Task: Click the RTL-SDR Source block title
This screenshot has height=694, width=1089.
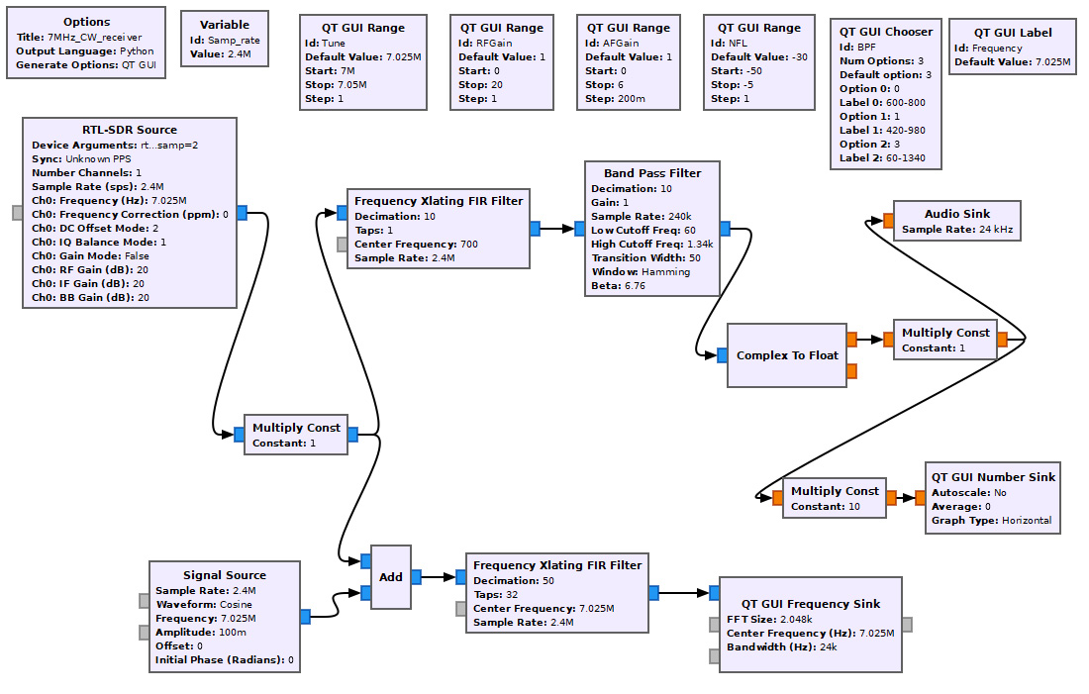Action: pyautogui.click(x=129, y=130)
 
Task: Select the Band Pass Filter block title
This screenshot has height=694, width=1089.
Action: pyautogui.click(x=652, y=173)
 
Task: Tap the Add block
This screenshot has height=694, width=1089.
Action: pyautogui.click(x=391, y=576)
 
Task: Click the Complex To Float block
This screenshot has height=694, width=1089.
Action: pyautogui.click(x=787, y=355)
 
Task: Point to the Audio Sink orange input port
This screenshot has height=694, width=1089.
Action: pyautogui.click(x=888, y=221)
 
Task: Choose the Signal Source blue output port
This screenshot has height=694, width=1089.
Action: pyautogui.click(x=306, y=616)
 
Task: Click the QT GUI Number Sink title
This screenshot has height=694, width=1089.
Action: pyautogui.click(x=993, y=477)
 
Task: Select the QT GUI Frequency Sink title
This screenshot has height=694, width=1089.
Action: pyautogui.click(x=811, y=604)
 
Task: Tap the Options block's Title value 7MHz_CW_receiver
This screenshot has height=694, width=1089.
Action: pyautogui.click(x=94, y=38)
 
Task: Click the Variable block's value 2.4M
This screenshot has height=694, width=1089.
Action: pyautogui.click(x=240, y=54)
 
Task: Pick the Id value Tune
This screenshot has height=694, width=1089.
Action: pyautogui.click(x=334, y=44)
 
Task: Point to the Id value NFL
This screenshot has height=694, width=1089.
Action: pyautogui.click(x=738, y=44)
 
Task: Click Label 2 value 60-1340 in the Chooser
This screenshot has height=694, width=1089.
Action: pyautogui.click(x=906, y=158)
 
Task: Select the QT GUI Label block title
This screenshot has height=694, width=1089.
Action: pyautogui.click(x=1013, y=33)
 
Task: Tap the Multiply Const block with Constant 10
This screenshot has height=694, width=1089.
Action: pyautogui.click(x=835, y=497)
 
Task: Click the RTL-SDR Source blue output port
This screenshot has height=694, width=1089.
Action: pyautogui.click(x=242, y=213)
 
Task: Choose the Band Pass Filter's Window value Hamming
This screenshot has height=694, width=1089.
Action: pyautogui.click(x=665, y=272)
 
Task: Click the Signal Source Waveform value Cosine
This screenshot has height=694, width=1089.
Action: pyautogui.click(x=236, y=605)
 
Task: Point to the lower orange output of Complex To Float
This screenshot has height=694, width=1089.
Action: pyautogui.click(x=851, y=371)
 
